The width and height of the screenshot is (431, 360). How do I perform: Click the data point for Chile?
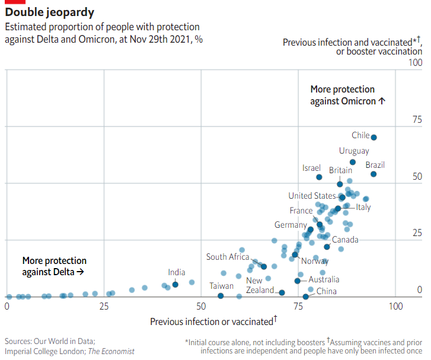[373, 138]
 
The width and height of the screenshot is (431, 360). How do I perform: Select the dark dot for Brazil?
[373, 174]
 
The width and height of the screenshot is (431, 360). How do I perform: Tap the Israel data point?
[319, 177]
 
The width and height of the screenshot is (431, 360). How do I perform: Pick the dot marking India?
[175, 285]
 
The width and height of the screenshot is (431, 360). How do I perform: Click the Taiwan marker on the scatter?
[221, 295]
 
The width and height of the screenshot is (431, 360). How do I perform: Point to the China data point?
[306, 297]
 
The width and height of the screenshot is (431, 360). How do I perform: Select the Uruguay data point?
[353, 162]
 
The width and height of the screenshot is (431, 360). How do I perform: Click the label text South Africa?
[228, 257]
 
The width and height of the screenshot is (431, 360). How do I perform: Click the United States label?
[312, 196]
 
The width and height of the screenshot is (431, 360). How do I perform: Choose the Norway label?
[315, 261]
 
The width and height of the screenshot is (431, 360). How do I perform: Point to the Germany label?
[290, 225]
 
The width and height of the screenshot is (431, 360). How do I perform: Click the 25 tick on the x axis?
[104, 307]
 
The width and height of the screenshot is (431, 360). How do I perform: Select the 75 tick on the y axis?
[417, 120]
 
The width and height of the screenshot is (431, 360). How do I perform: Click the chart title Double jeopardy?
[49, 12]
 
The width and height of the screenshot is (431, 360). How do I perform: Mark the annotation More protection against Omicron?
[348, 95]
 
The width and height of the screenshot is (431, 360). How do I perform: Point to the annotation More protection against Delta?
[54, 266]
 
